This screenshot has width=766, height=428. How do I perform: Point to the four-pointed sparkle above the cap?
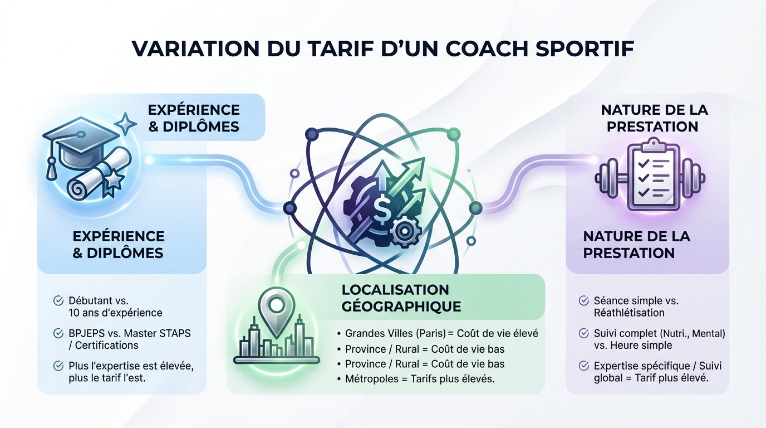pos(127,123)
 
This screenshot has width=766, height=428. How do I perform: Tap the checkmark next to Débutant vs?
pos(58,301)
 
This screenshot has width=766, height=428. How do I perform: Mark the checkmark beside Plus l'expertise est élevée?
pos(58,366)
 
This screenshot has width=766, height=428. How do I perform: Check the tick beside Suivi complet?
pos(584,333)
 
